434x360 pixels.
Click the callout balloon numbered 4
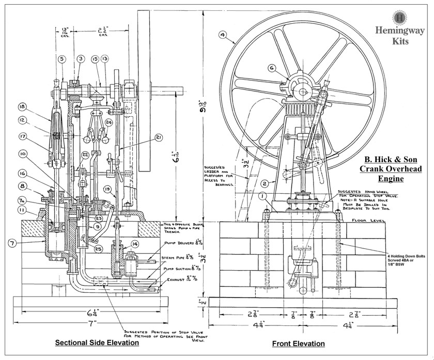(x=223, y=35)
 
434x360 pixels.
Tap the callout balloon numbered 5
(x=62, y=59)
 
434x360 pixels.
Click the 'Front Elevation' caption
(x=298, y=343)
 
